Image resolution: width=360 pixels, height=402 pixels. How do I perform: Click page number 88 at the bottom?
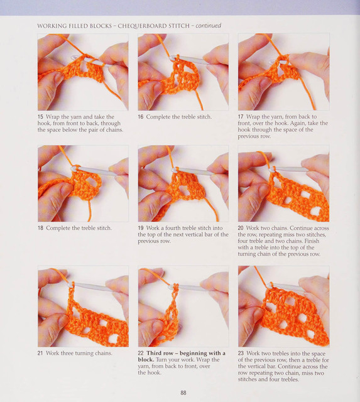coord(183,393)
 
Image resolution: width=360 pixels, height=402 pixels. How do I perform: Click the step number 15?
coord(40,117)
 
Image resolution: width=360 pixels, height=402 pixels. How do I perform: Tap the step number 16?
coord(141,117)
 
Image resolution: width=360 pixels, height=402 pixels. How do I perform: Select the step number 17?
coord(241,117)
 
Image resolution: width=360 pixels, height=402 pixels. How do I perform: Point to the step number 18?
coord(40,228)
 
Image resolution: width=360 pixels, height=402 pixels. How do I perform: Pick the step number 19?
coord(141,228)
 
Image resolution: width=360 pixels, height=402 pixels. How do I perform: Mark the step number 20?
coord(241,228)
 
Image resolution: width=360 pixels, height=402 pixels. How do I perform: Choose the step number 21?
coord(40,353)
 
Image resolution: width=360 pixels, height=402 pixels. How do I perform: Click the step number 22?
coord(141,353)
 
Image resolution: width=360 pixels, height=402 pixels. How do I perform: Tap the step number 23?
coord(241,353)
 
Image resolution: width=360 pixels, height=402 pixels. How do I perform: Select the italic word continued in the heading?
coord(208,26)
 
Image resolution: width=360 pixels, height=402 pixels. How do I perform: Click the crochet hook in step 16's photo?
coord(190,60)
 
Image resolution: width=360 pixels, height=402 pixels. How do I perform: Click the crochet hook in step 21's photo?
coord(90,286)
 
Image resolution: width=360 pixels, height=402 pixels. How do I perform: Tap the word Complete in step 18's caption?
coord(57,228)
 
